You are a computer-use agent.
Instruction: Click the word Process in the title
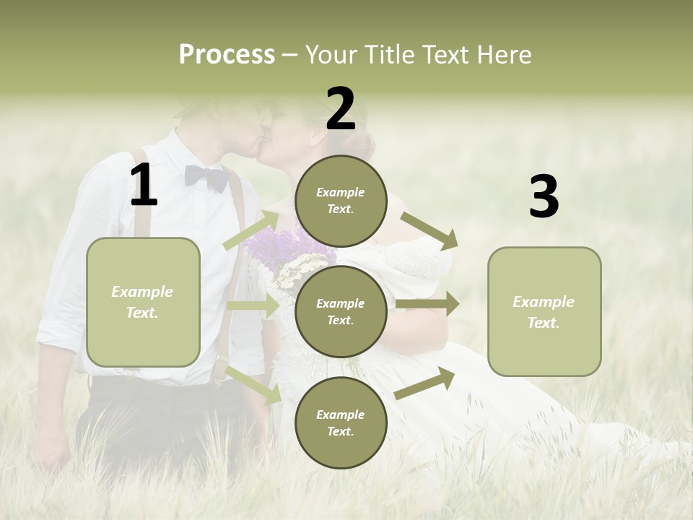coord(227,55)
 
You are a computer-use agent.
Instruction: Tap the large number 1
coord(144,186)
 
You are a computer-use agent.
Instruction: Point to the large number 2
coord(341,109)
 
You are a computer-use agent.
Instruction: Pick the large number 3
coord(544,197)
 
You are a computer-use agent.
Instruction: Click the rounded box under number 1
coord(143,302)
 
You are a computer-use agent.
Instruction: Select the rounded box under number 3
coord(544,312)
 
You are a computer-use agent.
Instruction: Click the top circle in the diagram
coord(341,201)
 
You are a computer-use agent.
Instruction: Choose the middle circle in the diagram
coord(341,311)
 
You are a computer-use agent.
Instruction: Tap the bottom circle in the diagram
coord(341,422)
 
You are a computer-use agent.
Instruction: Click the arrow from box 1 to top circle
coord(251,230)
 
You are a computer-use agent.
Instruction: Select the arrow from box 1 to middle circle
coord(253,305)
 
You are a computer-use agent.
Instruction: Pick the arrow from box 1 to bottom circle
coord(253,385)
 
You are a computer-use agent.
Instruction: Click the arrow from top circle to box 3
coord(429,230)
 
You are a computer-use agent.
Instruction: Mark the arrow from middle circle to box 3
coord(427,304)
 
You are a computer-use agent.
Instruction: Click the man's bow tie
coord(206,177)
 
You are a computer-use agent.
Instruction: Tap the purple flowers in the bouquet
coord(277,246)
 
